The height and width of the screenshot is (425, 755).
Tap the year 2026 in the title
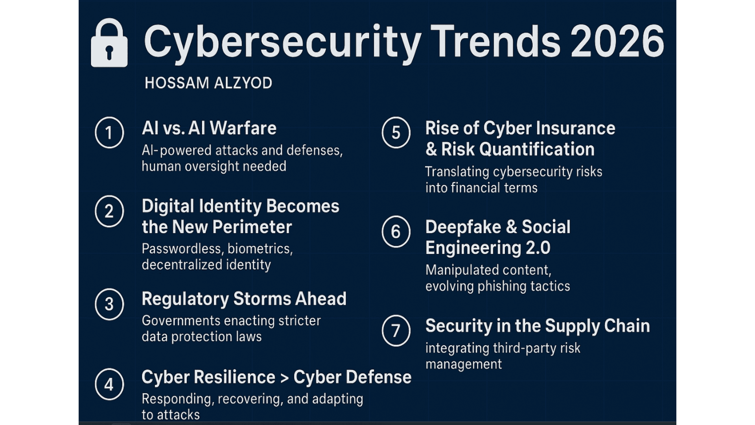pyautogui.click(x=617, y=41)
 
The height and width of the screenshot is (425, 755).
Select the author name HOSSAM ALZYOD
pyautogui.click(x=208, y=83)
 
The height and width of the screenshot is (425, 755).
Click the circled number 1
pyautogui.click(x=109, y=133)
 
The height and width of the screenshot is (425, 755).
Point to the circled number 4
pyautogui.click(x=109, y=384)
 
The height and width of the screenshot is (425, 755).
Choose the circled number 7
pyautogui.click(x=396, y=331)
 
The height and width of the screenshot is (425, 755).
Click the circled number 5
pyautogui.click(x=396, y=133)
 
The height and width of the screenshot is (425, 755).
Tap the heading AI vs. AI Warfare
pyautogui.click(x=209, y=128)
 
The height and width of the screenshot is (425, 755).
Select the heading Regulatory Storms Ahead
pyautogui.click(x=244, y=299)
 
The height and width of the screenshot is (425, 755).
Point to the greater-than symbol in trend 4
pyautogui.click(x=284, y=378)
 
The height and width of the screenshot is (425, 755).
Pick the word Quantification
pyautogui.click(x=537, y=149)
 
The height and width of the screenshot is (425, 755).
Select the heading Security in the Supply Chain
pyautogui.click(x=538, y=326)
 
